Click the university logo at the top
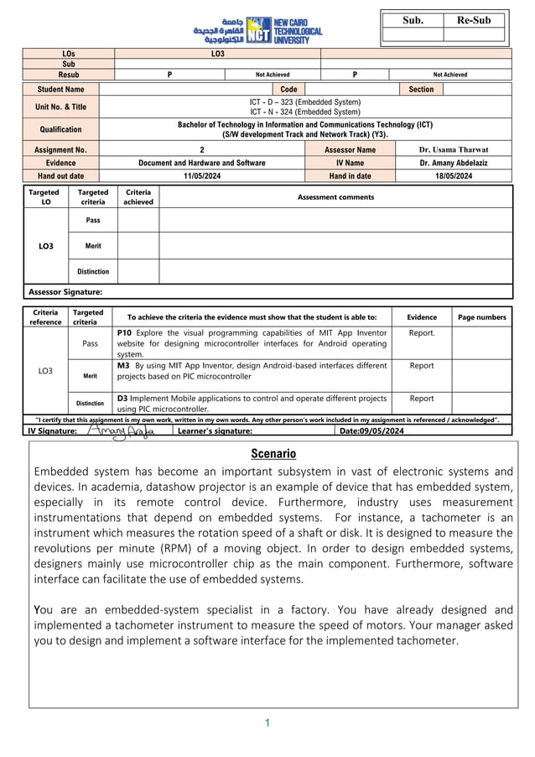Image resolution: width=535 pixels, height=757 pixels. point(257,29)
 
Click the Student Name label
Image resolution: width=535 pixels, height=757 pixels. point(60,89)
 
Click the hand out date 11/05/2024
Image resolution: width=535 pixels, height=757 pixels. point(201,176)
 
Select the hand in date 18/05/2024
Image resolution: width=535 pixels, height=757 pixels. point(453,176)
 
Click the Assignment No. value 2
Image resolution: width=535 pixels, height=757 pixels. point(201,149)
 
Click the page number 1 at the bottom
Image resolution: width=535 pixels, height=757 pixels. point(267,723)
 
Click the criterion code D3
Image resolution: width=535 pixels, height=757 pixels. point(123,399)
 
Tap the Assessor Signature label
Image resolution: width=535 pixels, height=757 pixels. point(66,292)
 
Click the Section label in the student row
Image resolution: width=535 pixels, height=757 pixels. point(421,89)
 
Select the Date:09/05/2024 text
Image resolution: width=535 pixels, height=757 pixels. point(371,431)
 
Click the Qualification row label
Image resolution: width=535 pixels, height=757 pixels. point(60,129)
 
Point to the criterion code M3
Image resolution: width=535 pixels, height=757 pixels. point(123,366)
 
